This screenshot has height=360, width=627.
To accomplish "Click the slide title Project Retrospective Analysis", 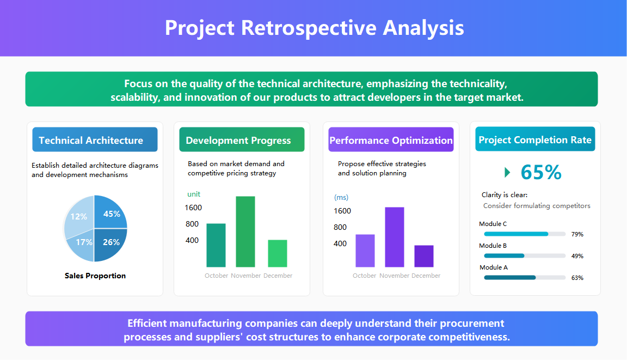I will (314, 28).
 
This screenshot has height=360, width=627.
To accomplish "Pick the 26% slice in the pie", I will (111, 242).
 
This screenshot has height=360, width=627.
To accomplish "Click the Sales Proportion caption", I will (95, 276).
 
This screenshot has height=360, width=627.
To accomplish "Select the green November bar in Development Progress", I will (245, 231).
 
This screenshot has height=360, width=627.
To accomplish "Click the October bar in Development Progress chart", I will (216, 245).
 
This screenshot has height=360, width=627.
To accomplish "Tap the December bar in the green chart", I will (278, 253).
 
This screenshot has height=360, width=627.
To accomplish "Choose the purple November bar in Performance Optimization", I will (394, 237).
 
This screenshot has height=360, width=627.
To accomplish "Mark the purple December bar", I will (424, 256).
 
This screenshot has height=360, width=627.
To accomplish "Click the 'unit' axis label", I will (194, 194).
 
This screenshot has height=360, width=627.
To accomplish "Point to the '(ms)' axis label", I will (341, 197).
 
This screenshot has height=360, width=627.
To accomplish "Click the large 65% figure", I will (540, 172).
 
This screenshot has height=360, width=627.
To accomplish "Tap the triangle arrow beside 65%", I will (507, 172).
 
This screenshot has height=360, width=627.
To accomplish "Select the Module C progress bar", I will (524, 234).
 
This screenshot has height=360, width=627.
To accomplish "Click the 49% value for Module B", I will (577, 256).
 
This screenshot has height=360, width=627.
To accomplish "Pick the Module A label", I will (493, 267).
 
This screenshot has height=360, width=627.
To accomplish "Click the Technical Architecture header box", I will (95, 140).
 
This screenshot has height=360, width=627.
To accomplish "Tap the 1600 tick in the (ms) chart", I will (342, 211).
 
